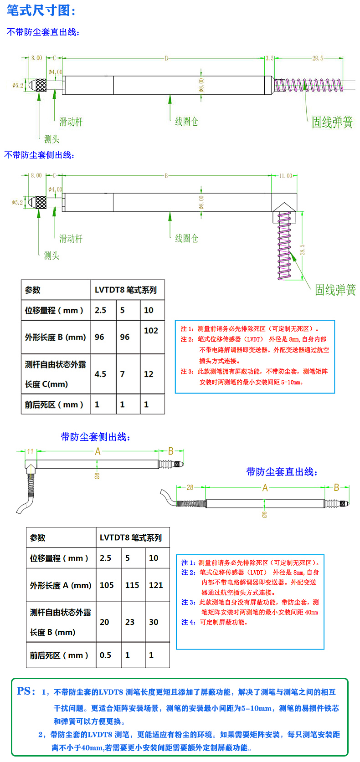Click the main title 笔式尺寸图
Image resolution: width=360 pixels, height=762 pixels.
[41, 10]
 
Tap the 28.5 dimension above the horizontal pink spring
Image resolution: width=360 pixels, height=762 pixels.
[317, 58]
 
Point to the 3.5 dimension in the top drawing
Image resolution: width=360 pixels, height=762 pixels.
[269, 58]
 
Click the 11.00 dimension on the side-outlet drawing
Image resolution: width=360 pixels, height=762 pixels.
[285, 176]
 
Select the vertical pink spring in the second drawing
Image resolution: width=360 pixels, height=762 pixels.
[284, 246]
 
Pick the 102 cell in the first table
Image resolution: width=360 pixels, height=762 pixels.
[151, 331]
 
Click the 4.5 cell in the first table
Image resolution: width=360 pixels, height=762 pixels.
[100, 374]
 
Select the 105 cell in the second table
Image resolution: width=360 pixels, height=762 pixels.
[107, 585]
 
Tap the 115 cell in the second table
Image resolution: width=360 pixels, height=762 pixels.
[132, 585]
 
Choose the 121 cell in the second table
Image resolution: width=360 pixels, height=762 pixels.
[156, 585]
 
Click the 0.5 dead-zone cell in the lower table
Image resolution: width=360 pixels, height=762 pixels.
[105, 655]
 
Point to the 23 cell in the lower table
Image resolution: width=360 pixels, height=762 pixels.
[130, 622]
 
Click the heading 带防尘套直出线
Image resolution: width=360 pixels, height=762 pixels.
[282, 472]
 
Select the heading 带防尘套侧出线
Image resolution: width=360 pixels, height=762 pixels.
[96, 437]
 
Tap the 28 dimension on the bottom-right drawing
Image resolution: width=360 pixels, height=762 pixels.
[190, 487]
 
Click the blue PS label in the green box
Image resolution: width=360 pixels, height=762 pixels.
[26, 691]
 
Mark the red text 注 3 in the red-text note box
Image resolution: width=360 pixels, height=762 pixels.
[187, 372]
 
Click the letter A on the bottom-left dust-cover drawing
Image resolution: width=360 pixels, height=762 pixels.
[98, 451]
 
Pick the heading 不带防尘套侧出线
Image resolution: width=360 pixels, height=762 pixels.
[39, 155]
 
